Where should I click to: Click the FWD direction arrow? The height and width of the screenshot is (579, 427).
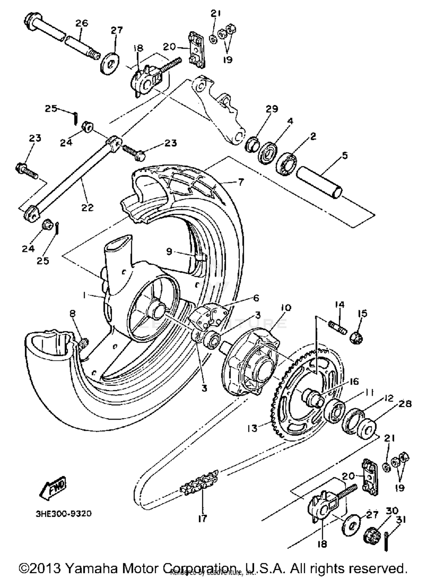54,488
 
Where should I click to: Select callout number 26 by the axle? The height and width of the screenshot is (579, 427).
82,23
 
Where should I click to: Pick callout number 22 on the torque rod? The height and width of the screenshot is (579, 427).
87,207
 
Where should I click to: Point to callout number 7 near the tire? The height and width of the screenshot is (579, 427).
241,182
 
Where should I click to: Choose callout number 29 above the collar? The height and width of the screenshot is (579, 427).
272,109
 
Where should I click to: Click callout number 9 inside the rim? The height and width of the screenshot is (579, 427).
169,251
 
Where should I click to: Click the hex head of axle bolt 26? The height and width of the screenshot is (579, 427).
30,20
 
